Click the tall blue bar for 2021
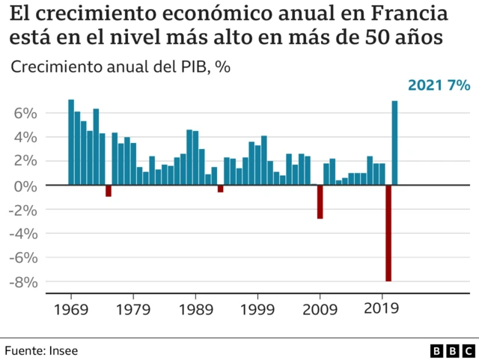[394, 142]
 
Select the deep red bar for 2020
[388, 233]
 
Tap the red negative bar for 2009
[320, 201]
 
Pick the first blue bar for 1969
[71, 141]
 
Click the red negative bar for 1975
[109, 190]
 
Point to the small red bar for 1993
[221, 189]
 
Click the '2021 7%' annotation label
[438, 85]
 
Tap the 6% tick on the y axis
[25, 113]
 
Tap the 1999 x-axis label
[258, 308]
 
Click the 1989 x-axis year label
[196, 308]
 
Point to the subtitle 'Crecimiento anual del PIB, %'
[120, 66]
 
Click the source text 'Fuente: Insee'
[41, 350]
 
